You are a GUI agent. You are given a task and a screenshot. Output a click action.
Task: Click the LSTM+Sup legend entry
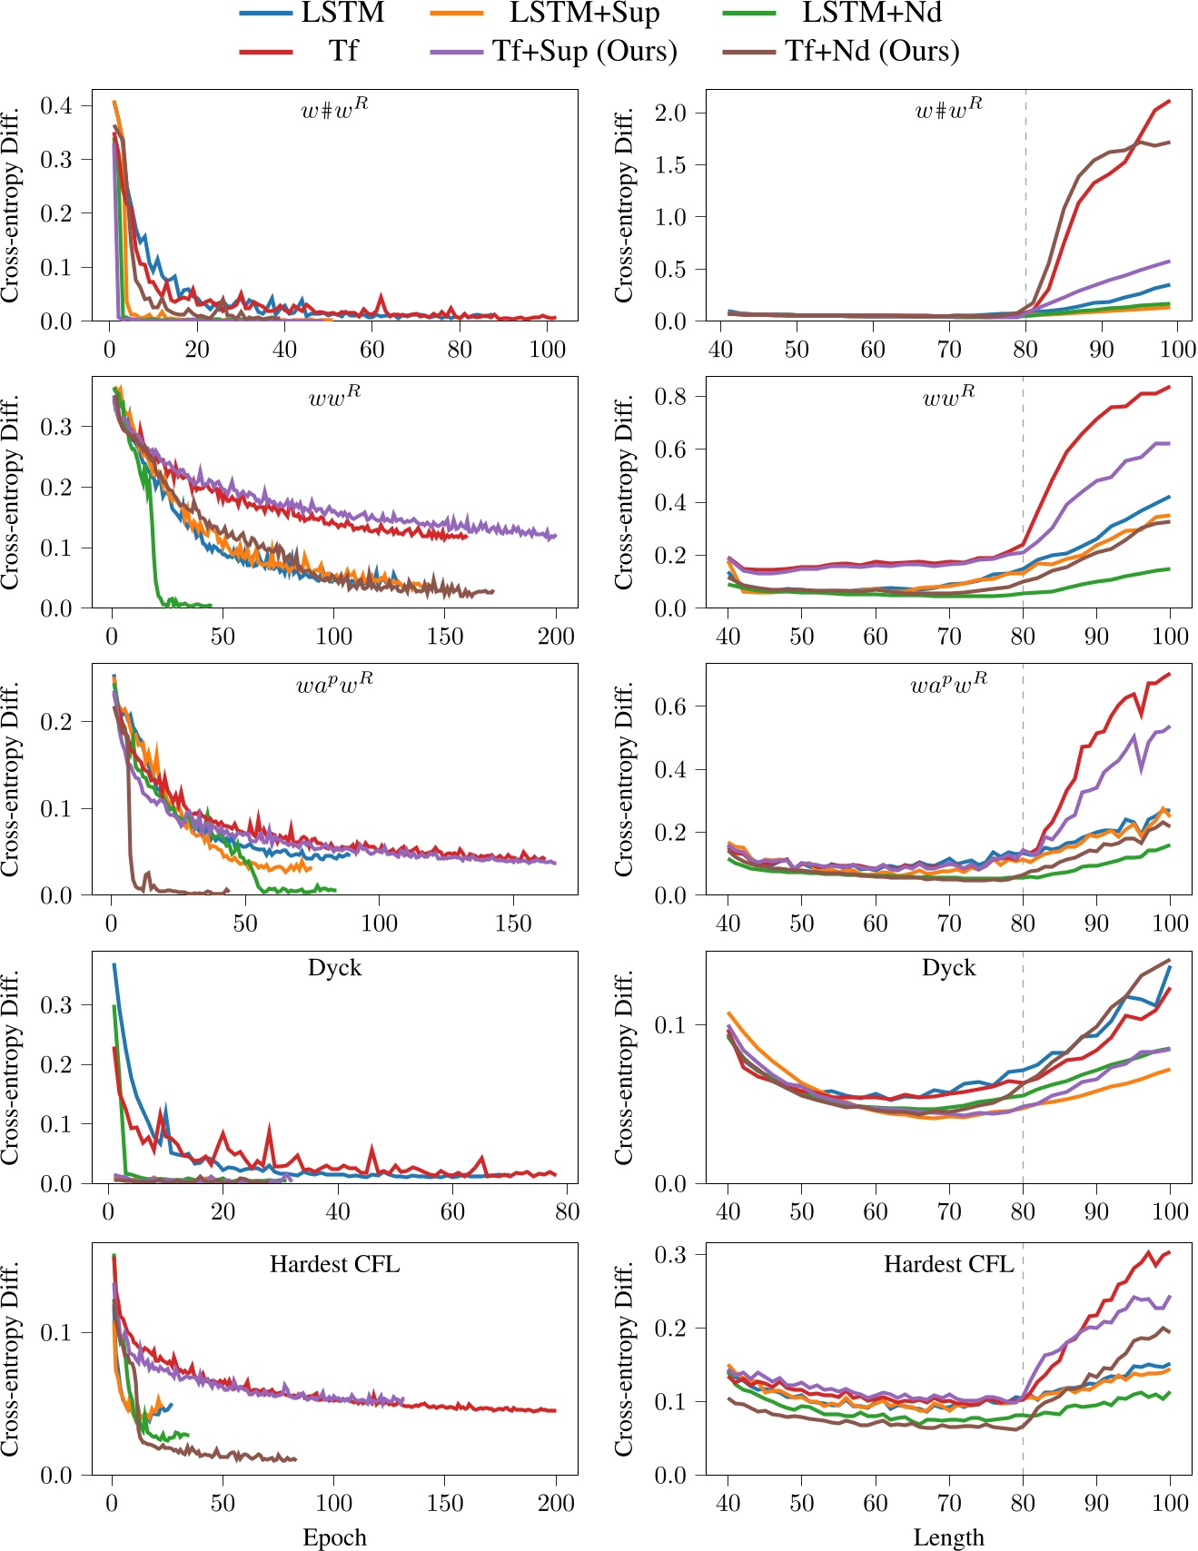coord(584,14)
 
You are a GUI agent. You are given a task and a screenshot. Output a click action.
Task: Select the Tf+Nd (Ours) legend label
coord(872,51)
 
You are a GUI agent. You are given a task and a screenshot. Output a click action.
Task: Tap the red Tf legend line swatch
coord(266,51)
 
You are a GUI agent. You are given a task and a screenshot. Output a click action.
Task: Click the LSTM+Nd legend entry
coord(871,14)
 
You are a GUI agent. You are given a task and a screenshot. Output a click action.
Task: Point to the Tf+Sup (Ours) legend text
coord(585,51)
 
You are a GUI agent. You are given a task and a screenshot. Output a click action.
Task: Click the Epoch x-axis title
coord(334,1536)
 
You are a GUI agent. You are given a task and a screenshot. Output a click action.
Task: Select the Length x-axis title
coord(948,1536)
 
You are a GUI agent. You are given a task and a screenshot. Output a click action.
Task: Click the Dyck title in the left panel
coord(334,968)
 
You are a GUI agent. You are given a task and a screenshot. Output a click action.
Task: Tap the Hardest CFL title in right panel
coord(948,1264)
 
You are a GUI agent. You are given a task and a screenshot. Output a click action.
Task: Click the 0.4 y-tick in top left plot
coord(55,105)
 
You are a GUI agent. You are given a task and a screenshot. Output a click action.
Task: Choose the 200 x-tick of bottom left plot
coord(556,1503)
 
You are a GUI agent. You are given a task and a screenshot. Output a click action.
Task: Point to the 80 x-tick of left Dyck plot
coord(567,1211)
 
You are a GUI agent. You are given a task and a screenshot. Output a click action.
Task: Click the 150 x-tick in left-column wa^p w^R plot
coord(513,924)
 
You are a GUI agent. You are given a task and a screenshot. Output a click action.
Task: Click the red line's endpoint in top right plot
coord(1169,101)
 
